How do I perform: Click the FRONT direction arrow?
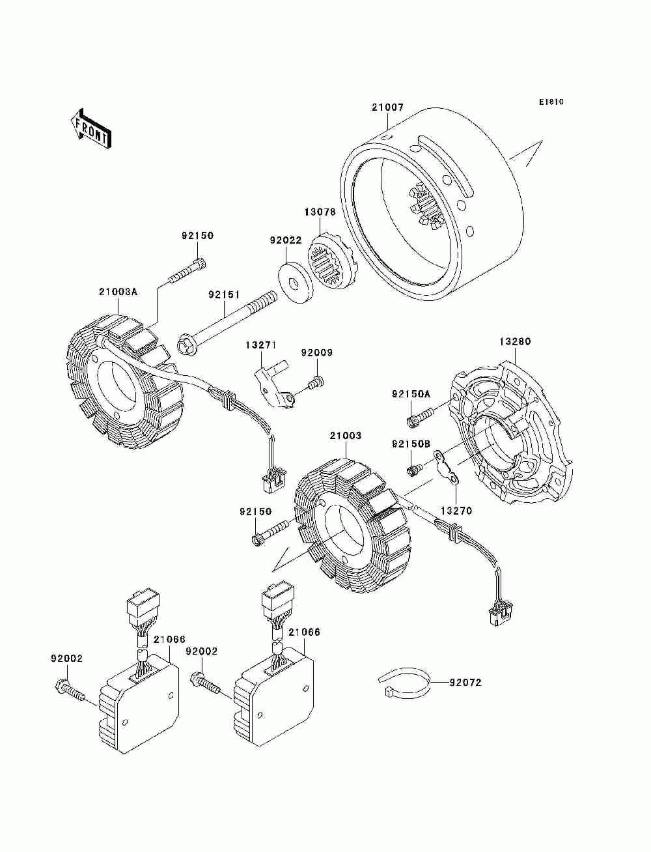click(x=90, y=128)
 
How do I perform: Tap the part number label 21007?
click(x=387, y=107)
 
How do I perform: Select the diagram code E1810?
click(x=551, y=102)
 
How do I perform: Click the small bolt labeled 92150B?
click(x=413, y=471)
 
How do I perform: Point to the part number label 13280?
click(x=515, y=341)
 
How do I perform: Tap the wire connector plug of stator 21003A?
click(x=274, y=481)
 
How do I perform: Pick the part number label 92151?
click(x=224, y=294)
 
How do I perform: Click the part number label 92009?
click(x=317, y=352)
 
